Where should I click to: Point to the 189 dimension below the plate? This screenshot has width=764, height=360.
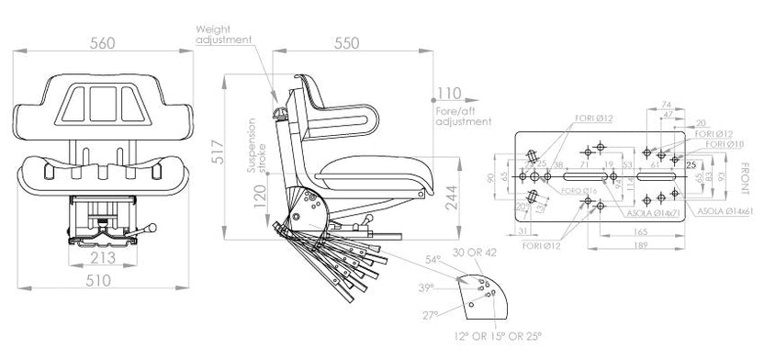point(639,247)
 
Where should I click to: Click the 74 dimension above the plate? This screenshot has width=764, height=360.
point(666,105)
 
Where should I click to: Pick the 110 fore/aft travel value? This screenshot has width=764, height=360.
point(449,94)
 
